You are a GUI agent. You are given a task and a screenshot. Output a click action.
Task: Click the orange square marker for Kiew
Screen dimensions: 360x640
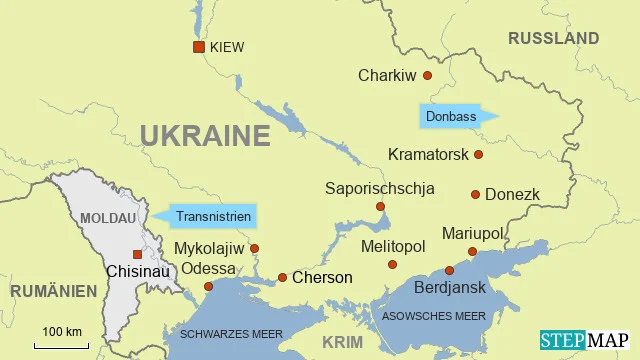click(x=199, y=47)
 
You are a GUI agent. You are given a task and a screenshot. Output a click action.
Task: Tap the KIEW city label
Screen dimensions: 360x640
click(x=227, y=47)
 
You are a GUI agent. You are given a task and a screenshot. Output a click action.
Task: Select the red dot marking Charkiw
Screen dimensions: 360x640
click(x=427, y=75)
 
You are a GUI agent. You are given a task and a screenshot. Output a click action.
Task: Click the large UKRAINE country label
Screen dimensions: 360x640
click(x=205, y=135)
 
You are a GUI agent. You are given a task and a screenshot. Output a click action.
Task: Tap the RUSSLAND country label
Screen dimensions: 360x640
click(x=553, y=38)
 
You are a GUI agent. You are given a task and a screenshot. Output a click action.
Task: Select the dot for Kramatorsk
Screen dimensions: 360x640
click(x=478, y=154)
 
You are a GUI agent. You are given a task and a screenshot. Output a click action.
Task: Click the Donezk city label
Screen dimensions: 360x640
click(x=512, y=194)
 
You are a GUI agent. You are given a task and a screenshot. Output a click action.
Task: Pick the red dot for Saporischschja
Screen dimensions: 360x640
click(x=380, y=207)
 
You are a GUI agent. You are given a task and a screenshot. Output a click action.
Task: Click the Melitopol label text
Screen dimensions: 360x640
click(x=392, y=246)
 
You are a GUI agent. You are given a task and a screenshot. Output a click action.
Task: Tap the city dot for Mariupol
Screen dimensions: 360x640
click(x=472, y=251)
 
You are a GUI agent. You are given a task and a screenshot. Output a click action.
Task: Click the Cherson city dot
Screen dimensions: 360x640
click(x=282, y=277)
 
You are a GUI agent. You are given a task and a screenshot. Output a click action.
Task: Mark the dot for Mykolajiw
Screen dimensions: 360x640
click(x=254, y=248)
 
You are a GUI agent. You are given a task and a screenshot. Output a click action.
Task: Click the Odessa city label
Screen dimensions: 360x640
click(x=208, y=268)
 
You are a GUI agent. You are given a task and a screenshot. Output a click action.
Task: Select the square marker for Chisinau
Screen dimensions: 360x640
click(x=137, y=254)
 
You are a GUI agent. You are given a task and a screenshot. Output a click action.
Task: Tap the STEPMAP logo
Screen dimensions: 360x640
click(x=584, y=340)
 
